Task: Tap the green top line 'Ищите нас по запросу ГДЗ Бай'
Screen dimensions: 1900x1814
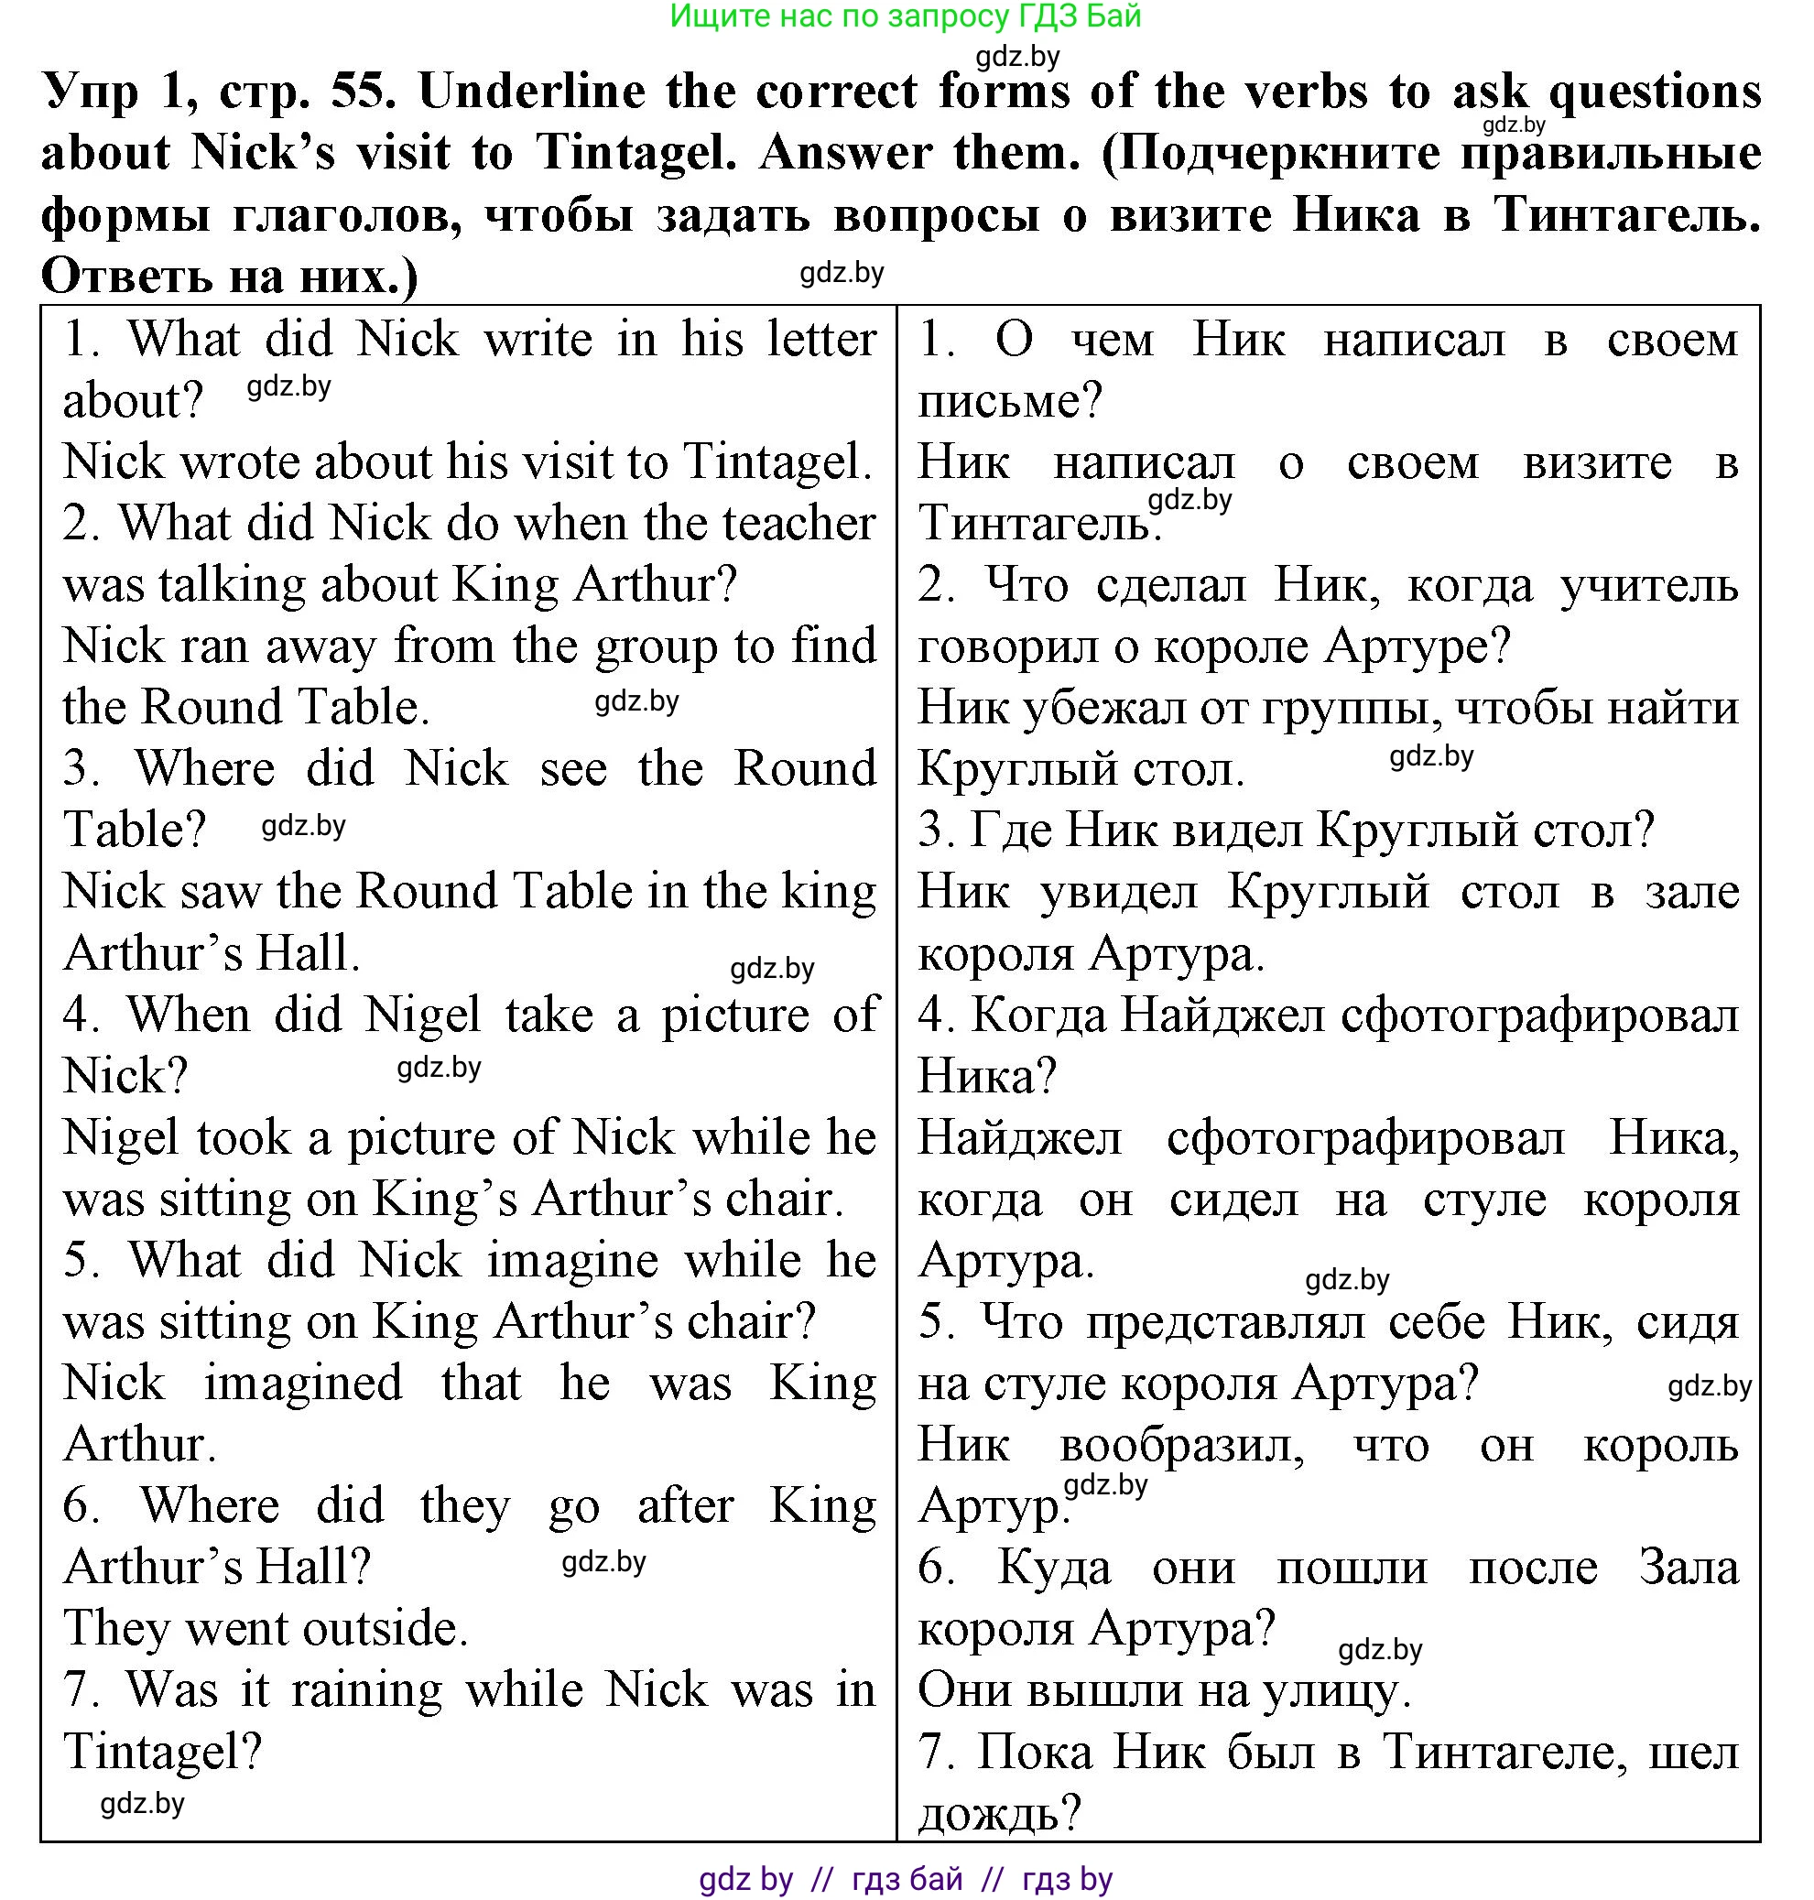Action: [x=905, y=16]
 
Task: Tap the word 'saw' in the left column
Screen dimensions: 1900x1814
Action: [x=226, y=891]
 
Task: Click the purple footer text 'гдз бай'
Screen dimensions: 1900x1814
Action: [x=907, y=1878]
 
